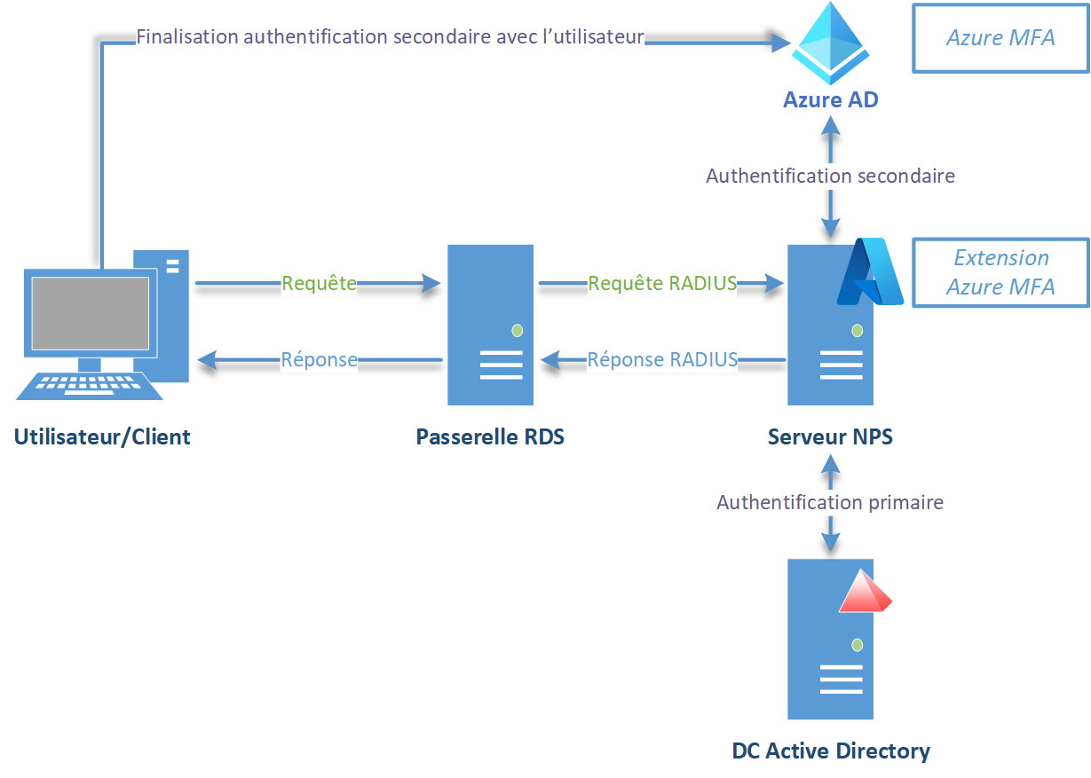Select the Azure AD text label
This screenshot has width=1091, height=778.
coord(830,99)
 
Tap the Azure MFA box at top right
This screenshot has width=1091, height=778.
coord(1000,37)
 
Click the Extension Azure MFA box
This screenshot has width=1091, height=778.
coord(1000,272)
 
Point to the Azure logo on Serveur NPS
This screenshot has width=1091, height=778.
coord(869,272)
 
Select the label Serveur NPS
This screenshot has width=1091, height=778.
coord(830,436)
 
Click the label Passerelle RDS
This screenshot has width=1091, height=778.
coord(490,436)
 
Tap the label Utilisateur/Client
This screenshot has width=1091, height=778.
coord(102,436)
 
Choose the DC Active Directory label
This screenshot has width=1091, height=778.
coord(831,750)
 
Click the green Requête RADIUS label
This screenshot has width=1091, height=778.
coord(662,284)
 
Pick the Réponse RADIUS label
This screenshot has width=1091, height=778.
coord(662,359)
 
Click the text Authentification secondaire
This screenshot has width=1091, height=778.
coord(830,176)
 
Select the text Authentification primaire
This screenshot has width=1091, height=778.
coord(830,502)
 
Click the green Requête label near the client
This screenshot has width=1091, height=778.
coord(319,284)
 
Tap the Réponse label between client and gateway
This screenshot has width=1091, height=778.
coord(319,359)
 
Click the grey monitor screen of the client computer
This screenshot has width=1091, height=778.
coord(90,313)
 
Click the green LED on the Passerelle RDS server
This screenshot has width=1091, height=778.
coord(517,331)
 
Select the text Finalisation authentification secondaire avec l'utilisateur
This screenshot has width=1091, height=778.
coord(390,37)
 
